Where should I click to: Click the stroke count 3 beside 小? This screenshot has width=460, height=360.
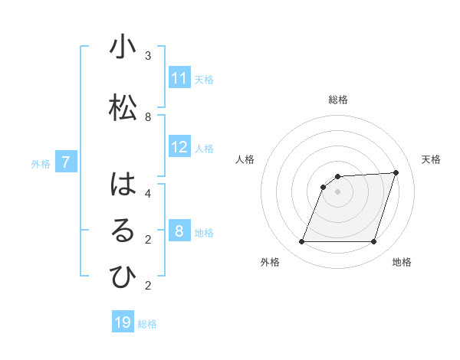148,56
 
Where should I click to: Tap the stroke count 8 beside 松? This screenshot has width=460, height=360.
148,116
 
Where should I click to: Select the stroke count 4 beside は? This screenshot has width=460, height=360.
148,193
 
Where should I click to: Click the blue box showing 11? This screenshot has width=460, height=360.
179,77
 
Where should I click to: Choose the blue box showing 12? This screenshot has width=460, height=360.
179,147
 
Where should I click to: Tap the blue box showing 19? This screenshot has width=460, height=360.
123,322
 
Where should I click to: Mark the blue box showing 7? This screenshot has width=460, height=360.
66,162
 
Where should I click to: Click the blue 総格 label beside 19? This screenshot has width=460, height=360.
147,324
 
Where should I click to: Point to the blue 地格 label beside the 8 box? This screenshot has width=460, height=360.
204,233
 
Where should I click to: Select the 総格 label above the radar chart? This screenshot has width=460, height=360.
338,100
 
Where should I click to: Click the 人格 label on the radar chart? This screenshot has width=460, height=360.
245,159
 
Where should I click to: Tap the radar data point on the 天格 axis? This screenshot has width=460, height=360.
396,172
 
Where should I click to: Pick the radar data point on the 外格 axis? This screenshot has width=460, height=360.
302,242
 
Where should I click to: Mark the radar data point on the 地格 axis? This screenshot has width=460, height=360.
374,242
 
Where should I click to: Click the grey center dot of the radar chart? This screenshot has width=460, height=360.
338,192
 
